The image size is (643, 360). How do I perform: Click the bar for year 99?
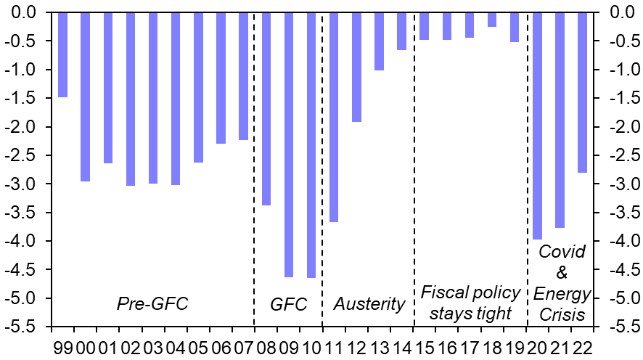(x=62, y=54)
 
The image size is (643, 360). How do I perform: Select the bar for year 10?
(x=311, y=145)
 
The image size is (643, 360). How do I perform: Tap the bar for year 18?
(x=492, y=20)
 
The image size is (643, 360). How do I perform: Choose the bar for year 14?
(x=401, y=31)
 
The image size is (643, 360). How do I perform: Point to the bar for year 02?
(x=131, y=99)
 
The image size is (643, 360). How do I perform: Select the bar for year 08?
(x=266, y=109)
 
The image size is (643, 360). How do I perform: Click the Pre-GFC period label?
(x=152, y=304)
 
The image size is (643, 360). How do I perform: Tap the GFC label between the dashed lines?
(x=288, y=304)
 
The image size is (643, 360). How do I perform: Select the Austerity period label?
(x=369, y=304)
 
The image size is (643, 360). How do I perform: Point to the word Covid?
(x=561, y=253)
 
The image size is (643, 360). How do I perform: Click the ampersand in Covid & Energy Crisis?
(x=561, y=274)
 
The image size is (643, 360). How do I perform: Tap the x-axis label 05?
(x=198, y=341)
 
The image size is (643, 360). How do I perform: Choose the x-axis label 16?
(x=446, y=341)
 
